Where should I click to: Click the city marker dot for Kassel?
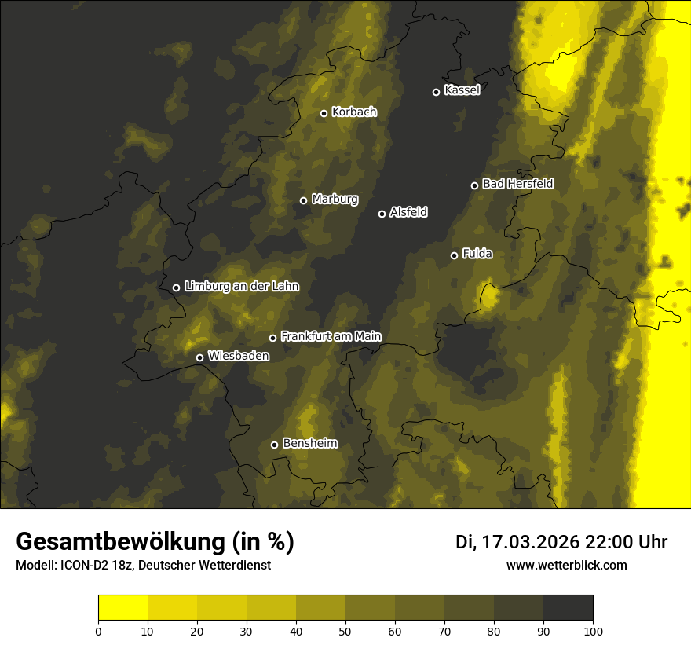(436, 92)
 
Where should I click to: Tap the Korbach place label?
(354, 112)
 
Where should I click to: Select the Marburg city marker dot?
(303, 200)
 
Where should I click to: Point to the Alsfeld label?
(408, 212)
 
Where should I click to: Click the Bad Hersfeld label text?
(517, 184)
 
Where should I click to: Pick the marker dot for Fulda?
(454, 255)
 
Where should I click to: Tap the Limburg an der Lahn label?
(241, 287)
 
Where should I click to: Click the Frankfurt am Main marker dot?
(273, 338)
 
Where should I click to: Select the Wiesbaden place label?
(238, 356)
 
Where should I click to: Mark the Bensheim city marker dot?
(274, 445)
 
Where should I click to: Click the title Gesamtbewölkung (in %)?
(155, 542)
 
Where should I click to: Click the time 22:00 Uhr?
(627, 542)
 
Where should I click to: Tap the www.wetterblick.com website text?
(566, 566)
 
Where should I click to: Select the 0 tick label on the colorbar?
(98, 631)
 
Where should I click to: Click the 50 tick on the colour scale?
(345, 631)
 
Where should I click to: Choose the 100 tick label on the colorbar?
(593, 631)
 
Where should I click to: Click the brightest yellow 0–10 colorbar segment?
(122, 608)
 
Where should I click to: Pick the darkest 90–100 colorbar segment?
(568, 608)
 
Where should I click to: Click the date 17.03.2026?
(530, 542)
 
